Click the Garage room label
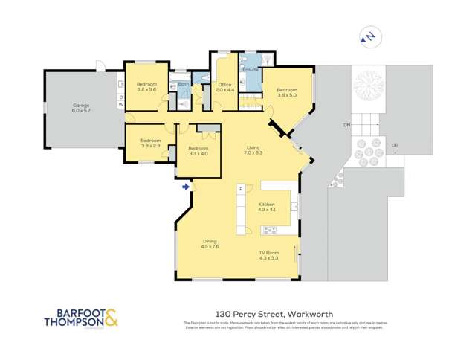coord(81,107)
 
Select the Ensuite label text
coord(251,70)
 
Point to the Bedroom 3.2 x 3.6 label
coord(146,86)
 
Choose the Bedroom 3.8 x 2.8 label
coord(151,143)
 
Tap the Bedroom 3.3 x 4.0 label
coord(198,150)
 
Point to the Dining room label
coord(210,244)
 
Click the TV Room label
coord(268,255)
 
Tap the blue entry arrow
coord(185,187)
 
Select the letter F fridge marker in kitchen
coord(240,189)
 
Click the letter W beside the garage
coord(120,105)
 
